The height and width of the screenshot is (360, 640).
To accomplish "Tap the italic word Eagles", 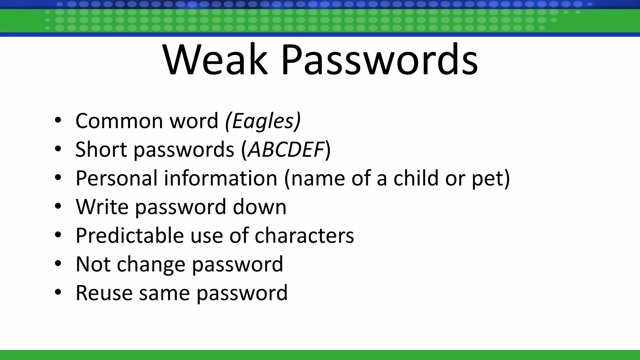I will click(263, 121).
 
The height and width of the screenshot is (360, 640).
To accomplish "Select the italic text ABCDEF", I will click(286, 149).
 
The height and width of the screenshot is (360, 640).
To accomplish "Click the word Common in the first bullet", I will click(119, 121).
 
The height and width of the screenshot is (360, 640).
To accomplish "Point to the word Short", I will click(101, 149).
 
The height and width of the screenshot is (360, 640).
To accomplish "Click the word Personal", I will click(117, 178).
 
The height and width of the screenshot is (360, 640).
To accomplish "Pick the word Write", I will click(102, 207).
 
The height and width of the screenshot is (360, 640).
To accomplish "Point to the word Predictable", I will click(129, 235).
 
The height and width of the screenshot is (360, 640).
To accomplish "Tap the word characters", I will click(304, 235).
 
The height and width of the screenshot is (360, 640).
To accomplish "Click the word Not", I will click(93, 264).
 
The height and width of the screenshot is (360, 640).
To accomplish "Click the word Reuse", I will click(104, 293).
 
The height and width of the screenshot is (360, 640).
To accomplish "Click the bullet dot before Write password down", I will click(58, 207).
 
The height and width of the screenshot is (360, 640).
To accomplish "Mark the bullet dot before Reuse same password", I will click(58, 292).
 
